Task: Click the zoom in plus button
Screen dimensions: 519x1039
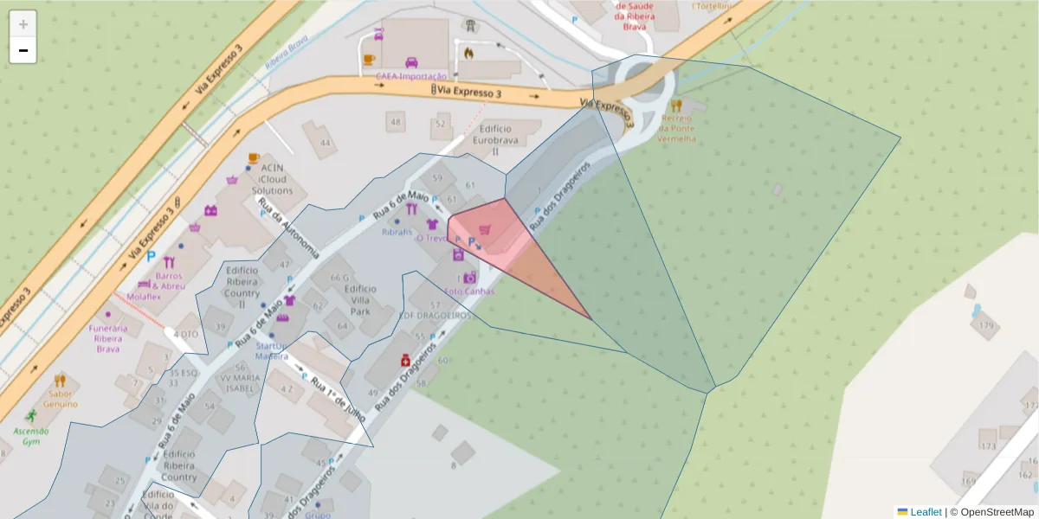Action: pyautogui.click(x=23, y=24)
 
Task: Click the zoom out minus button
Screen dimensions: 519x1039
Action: pyautogui.click(x=23, y=50)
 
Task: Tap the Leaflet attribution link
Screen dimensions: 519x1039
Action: pyautogui.click(x=926, y=512)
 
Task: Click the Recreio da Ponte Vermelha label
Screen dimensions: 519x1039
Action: pyautogui.click(x=677, y=127)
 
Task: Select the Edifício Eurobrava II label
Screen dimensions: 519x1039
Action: pyautogui.click(x=495, y=138)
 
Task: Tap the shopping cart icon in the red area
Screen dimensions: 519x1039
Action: pyautogui.click(x=484, y=229)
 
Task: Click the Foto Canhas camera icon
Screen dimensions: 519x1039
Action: pyautogui.click(x=469, y=278)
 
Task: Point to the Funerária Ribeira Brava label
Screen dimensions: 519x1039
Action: pyautogui.click(x=108, y=338)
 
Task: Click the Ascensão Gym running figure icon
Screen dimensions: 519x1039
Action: pyautogui.click(x=32, y=415)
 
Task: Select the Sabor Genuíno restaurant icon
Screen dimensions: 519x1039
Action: pyautogui.click(x=59, y=380)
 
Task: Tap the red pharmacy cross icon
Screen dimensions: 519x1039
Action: pyautogui.click(x=404, y=360)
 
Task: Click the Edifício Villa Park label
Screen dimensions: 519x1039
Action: pyautogui.click(x=359, y=299)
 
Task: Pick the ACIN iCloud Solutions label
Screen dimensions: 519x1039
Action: pyautogui.click(x=272, y=178)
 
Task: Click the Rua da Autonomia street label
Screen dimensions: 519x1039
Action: pyautogui.click(x=289, y=229)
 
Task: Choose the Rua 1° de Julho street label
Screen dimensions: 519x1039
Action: pyautogui.click(x=338, y=400)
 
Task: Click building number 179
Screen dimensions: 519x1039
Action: pyautogui.click(x=985, y=325)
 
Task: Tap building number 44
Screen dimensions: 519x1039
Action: pyautogui.click(x=325, y=143)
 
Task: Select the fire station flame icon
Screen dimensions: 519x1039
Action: pyautogui.click(x=468, y=52)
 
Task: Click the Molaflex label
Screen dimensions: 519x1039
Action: pyautogui.click(x=144, y=297)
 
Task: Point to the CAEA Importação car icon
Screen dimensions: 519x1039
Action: pyautogui.click(x=412, y=62)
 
